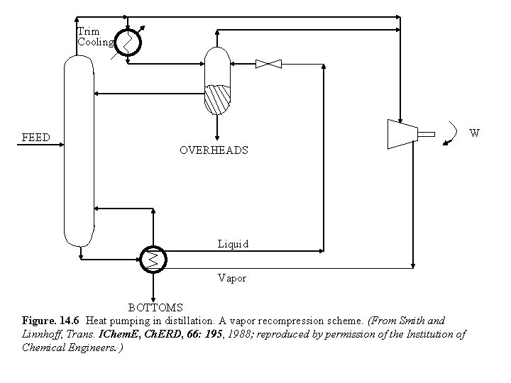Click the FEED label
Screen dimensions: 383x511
pyautogui.click(x=35, y=137)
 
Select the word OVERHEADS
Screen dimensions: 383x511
pyautogui.click(x=214, y=150)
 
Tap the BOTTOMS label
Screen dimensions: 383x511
pyautogui.click(x=155, y=308)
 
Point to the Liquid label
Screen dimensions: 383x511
pyautogui.click(x=233, y=244)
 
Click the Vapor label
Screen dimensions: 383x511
pyautogui.click(x=232, y=279)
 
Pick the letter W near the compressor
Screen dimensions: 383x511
pyautogui.click(x=475, y=133)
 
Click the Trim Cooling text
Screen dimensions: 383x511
pyautogui.click(x=94, y=37)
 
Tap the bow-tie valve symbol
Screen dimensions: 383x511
pyautogui.click(x=268, y=65)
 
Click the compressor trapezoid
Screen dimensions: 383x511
pyautogui.click(x=401, y=133)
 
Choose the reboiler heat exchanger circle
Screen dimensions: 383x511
pyautogui.click(x=152, y=258)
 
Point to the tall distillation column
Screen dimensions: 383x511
pyautogui.click(x=79, y=149)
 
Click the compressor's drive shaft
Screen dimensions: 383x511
pyautogui.click(x=426, y=133)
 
